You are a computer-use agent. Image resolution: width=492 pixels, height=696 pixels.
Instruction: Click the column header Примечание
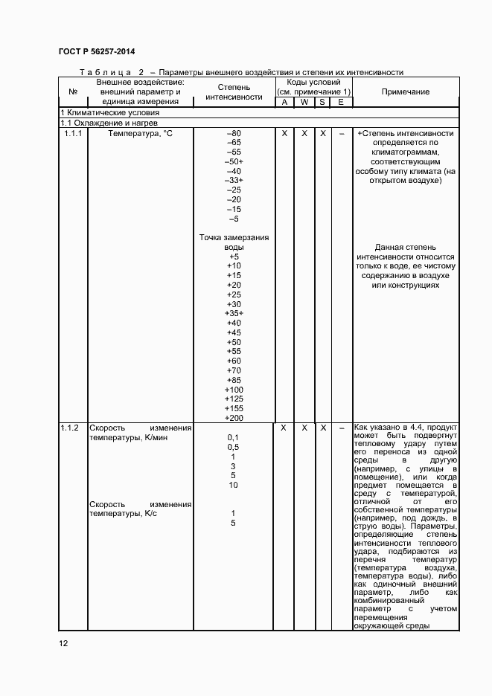click(405, 91)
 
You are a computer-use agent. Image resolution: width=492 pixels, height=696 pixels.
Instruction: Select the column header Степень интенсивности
click(234, 91)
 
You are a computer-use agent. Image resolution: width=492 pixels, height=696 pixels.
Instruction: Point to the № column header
click(73, 91)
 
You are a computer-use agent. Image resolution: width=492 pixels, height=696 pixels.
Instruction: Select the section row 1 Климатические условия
click(99, 112)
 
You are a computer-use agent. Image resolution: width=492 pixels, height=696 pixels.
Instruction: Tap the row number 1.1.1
click(73, 134)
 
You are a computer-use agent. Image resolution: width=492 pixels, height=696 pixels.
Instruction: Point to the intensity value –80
click(233, 133)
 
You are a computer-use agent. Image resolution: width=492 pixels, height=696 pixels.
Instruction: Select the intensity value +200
click(233, 419)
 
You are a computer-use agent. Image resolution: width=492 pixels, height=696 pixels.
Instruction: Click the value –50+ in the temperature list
click(234, 161)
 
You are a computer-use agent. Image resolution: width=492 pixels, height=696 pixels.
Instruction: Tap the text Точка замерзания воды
click(234, 242)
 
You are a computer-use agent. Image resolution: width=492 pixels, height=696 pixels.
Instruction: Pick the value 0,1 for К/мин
click(233, 438)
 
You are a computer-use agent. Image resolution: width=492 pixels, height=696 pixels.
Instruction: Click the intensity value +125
click(233, 399)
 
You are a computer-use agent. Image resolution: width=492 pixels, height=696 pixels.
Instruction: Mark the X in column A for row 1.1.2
click(284, 428)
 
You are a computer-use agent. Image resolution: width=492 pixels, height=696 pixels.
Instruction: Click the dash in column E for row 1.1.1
click(341, 134)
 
